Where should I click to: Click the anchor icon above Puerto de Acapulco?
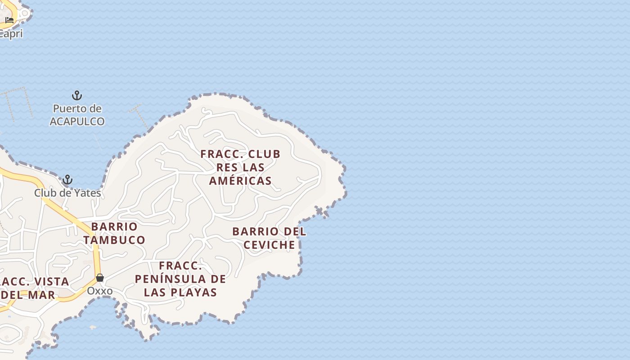[77, 95]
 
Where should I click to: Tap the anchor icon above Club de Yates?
[67, 180]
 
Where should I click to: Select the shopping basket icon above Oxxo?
[100, 278]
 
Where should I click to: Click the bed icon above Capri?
[9, 20]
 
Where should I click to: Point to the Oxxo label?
[100, 291]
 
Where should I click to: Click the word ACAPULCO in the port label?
[77, 121]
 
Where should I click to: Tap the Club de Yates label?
[67, 193]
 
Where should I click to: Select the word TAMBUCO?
[114, 240]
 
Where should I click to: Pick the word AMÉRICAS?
[241, 180]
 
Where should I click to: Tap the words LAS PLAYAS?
[180, 292]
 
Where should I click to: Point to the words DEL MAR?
[28, 295]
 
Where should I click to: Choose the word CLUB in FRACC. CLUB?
[263, 154]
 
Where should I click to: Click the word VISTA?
[50, 282]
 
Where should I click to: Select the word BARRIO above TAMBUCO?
[114, 226]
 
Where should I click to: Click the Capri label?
[11, 34]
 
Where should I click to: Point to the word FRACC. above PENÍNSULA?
[180, 265]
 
